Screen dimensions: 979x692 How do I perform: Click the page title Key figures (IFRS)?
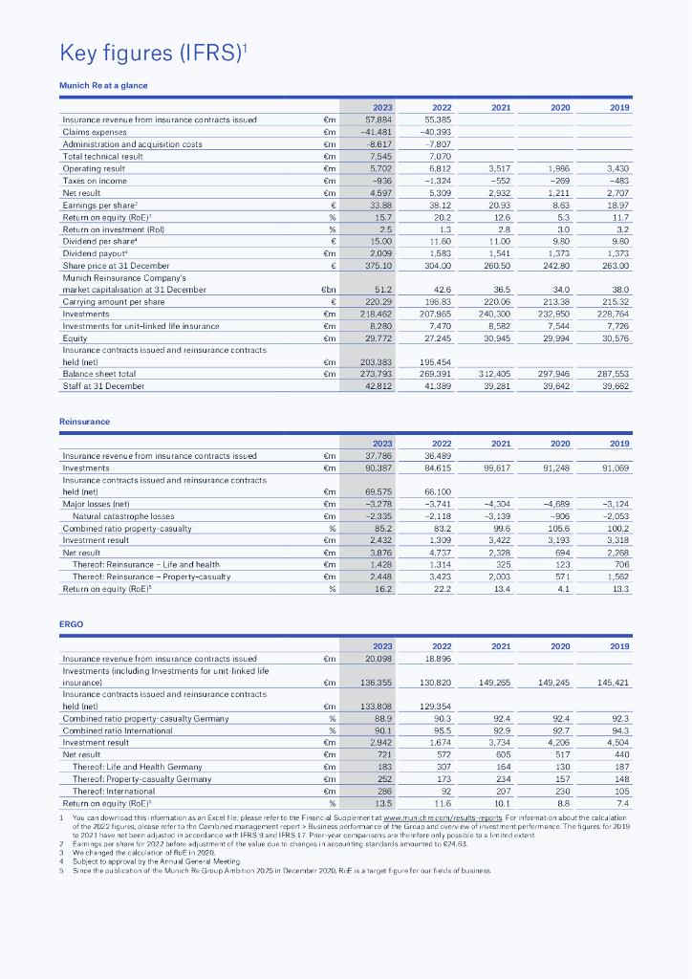(x=154, y=51)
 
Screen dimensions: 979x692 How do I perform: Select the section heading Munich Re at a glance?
(x=103, y=85)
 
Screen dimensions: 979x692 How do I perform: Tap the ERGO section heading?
(x=72, y=623)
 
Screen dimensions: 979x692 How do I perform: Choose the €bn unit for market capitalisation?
(x=327, y=289)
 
